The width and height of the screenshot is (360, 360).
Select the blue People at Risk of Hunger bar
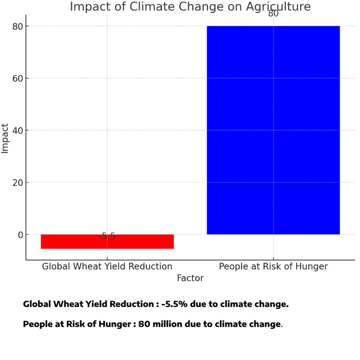(273, 130)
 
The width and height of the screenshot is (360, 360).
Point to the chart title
(190, 6)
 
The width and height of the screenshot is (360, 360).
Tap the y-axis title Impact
(5, 138)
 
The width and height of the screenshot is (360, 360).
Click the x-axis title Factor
(190, 278)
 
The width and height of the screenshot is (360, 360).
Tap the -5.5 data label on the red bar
(107, 236)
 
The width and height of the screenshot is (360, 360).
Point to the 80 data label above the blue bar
(273, 14)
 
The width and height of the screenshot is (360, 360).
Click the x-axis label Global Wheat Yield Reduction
(107, 266)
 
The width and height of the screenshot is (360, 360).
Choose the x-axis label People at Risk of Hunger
(273, 266)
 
